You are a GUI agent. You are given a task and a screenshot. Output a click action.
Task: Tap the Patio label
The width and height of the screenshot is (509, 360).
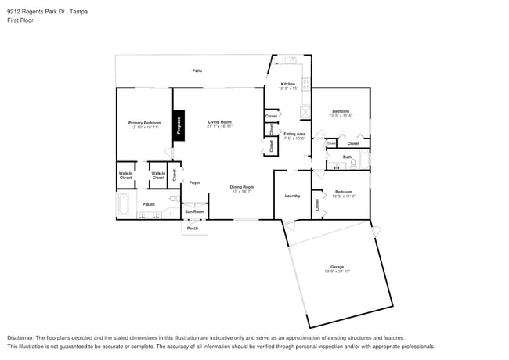pos(197,71)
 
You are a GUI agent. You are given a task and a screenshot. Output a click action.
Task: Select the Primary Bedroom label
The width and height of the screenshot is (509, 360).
pos(145,123)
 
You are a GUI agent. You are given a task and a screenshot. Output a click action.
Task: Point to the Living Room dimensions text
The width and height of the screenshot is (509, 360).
pos(219,127)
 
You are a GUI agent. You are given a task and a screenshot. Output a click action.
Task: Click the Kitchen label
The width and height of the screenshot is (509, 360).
pos(287,84)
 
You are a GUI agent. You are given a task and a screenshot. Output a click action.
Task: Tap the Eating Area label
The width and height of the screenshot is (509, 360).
pos(294,134)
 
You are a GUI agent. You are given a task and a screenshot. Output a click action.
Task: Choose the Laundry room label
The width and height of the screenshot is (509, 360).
pos(293,196)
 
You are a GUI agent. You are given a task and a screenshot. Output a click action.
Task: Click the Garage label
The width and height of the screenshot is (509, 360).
pos(337,267)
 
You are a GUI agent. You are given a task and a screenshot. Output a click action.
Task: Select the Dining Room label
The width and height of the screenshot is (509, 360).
pos(242,186)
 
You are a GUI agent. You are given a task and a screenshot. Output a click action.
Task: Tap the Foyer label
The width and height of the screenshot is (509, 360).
pos(194,182)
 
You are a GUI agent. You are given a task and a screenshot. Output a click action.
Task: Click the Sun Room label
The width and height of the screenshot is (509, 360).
pos(194,211)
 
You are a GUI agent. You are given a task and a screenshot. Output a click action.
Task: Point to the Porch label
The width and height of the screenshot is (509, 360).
pos(193,229)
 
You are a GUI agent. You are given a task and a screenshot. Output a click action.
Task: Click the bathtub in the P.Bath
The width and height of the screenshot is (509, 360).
pos(123,206)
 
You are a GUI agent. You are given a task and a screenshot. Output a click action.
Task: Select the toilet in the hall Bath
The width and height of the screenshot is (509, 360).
pos(354,164)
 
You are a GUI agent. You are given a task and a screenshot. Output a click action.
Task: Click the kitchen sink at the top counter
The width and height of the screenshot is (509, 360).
pos(288,59)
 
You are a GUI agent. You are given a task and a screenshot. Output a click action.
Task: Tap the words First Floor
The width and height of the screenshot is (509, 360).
pos(20,20)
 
